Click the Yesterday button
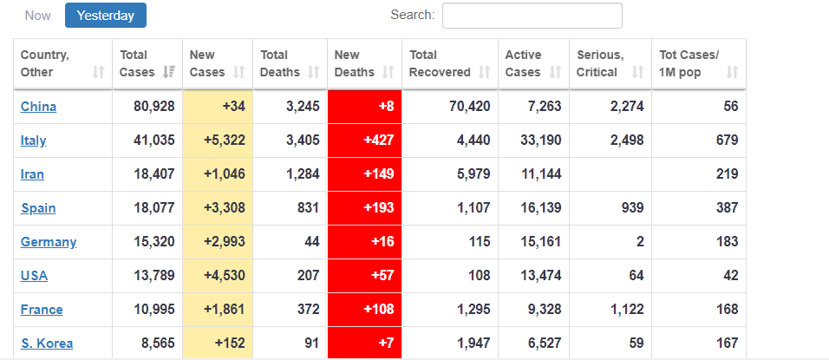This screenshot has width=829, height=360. (106, 16)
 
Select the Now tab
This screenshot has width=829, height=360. (38, 16)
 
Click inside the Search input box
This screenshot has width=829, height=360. (532, 16)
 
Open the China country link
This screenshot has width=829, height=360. (39, 107)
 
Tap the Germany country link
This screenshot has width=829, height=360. (49, 242)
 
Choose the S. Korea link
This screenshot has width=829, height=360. (47, 344)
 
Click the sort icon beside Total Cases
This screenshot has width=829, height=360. (168, 72)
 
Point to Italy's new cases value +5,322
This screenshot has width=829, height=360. (225, 141)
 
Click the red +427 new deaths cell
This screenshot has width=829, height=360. (365, 141)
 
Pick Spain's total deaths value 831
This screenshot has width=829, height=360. (309, 208)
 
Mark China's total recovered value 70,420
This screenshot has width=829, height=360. (469, 107)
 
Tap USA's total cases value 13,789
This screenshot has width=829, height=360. (153, 276)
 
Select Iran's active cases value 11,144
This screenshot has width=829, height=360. (540, 174)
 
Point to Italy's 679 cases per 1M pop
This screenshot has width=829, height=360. (728, 141)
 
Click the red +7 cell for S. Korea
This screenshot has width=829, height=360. (365, 343)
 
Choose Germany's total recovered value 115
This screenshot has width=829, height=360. (480, 242)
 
